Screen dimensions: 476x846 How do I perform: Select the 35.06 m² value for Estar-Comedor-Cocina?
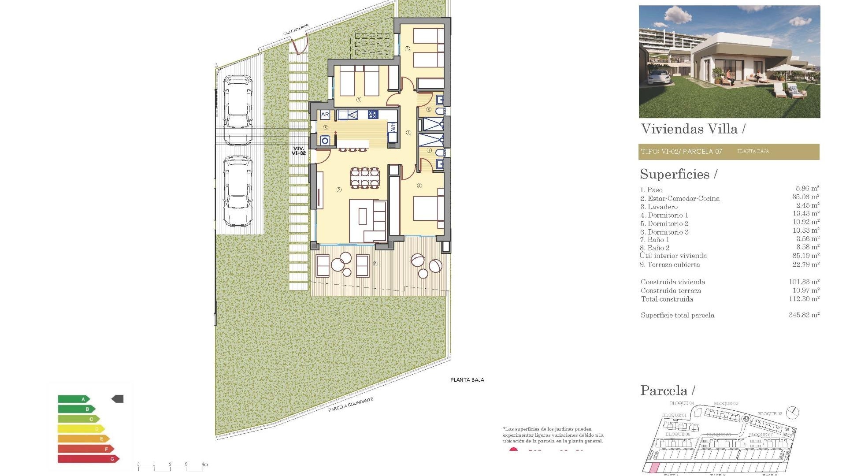pyautogui.click(x=805, y=197)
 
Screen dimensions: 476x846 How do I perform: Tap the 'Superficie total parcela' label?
pyautogui.click(x=677, y=315)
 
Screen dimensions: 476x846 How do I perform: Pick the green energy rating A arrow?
pyautogui.click(x=73, y=399)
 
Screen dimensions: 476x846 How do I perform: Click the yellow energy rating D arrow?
pyautogui.click(x=81, y=428)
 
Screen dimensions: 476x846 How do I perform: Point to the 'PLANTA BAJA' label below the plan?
pyautogui.click(x=467, y=380)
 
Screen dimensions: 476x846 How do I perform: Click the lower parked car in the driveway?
pyautogui.click(x=237, y=190)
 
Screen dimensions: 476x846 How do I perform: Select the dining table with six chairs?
pyautogui.click(x=364, y=178)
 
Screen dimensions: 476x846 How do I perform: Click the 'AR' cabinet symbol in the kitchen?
pyautogui.click(x=325, y=115)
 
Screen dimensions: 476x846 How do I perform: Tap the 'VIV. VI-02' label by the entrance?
pyautogui.click(x=298, y=151)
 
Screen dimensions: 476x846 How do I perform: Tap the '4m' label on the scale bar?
pyautogui.click(x=204, y=464)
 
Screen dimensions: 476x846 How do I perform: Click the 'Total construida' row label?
pyautogui.click(x=667, y=299)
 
